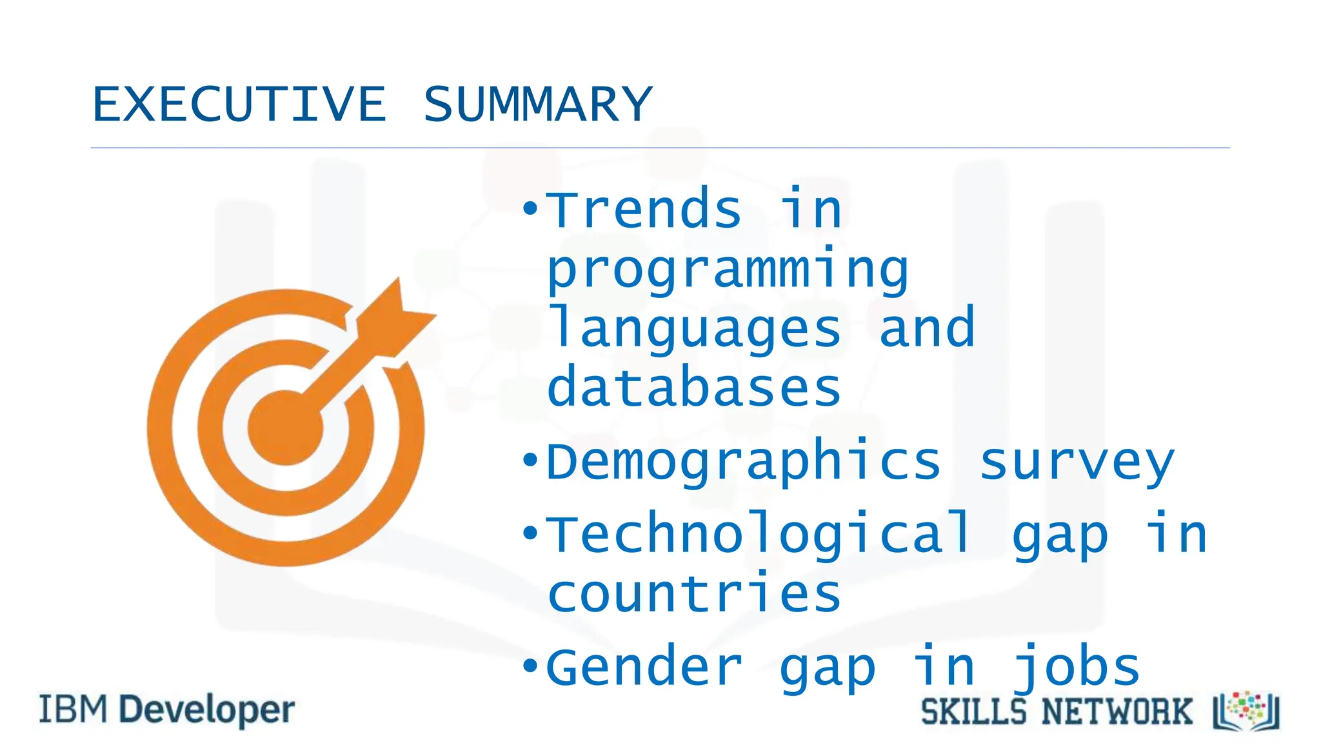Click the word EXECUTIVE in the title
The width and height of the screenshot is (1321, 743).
click(x=239, y=104)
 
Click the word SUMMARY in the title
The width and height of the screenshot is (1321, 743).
click(x=537, y=104)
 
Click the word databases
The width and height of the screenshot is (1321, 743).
click(x=694, y=388)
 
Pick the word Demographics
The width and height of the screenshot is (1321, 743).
click(x=743, y=463)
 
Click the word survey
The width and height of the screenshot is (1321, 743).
click(x=1077, y=463)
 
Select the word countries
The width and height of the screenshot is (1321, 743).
click(x=694, y=594)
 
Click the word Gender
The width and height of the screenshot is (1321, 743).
click(x=644, y=668)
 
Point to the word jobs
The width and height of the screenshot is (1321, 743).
click(x=1077, y=668)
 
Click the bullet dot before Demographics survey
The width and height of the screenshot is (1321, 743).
click(x=530, y=461)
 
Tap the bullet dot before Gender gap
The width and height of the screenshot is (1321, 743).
click(x=530, y=665)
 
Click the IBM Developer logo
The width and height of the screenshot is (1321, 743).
click(x=167, y=710)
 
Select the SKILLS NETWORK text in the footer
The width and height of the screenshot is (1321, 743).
click(x=1057, y=712)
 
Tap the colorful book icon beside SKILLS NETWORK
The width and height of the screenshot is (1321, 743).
click(x=1246, y=711)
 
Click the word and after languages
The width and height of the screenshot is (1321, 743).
click(x=927, y=329)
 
